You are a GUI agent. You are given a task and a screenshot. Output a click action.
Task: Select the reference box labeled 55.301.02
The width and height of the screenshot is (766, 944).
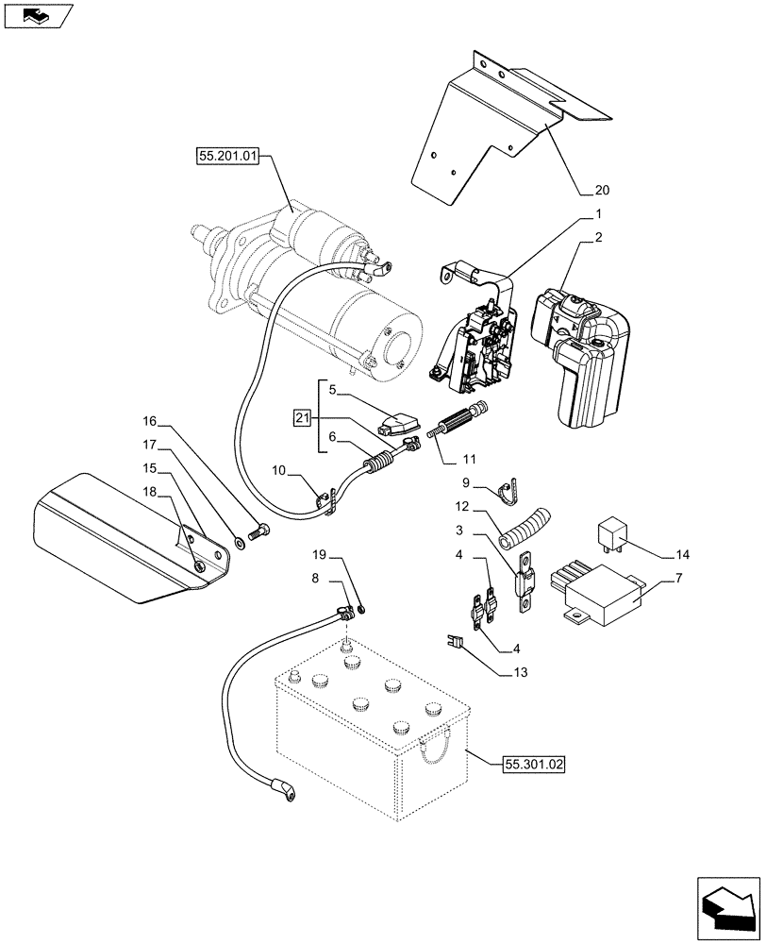(x=533, y=766)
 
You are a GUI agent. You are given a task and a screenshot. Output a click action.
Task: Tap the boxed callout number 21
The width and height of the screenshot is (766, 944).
(x=302, y=418)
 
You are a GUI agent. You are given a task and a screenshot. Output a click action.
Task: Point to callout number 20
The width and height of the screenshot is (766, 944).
(x=591, y=186)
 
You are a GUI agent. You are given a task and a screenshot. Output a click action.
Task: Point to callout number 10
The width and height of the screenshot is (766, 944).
(x=278, y=469)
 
